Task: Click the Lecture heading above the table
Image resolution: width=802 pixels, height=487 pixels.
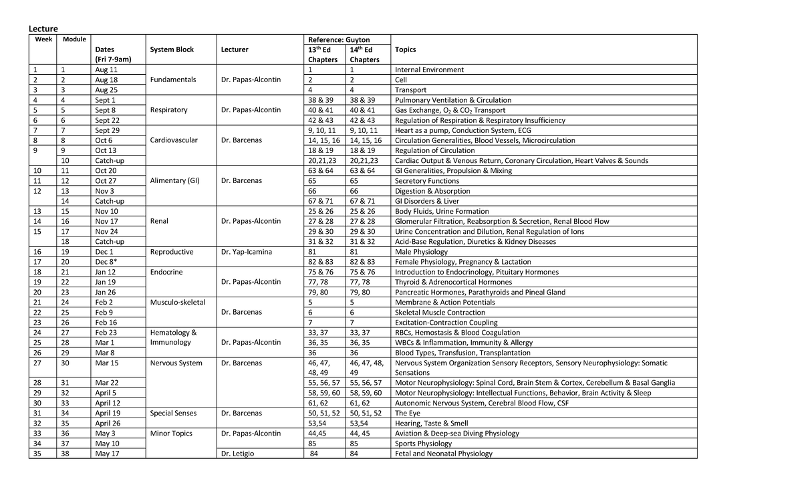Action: (x=42, y=28)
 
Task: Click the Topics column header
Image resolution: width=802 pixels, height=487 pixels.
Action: (x=405, y=49)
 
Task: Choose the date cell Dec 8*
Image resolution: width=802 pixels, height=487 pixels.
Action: (x=107, y=262)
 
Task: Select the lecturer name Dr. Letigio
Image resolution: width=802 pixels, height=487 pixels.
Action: (x=238, y=454)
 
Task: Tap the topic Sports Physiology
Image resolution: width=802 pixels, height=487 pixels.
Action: (x=423, y=444)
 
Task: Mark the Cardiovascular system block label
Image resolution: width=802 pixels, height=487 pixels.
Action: (x=174, y=140)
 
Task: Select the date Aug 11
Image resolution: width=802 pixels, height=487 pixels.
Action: (x=106, y=69)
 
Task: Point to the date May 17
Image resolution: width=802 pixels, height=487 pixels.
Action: (x=107, y=454)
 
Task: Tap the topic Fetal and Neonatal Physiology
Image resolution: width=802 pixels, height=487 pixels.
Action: (x=443, y=454)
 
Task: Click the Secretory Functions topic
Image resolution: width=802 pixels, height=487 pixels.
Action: (x=427, y=180)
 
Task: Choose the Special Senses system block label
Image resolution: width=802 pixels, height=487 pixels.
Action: (x=173, y=413)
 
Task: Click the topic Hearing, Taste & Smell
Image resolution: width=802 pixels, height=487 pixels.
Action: (x=432, y=423)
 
